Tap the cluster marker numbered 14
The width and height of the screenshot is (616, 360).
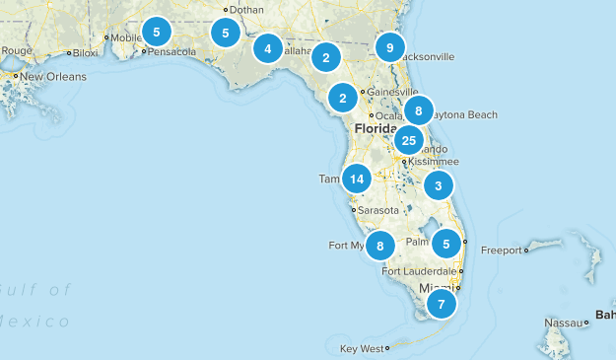(x=357, y=179)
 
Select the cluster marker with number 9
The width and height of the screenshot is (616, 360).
(x=391, y=47)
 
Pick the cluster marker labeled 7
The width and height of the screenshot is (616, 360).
(x=442, y=304)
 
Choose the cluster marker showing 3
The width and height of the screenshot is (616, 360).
(x=439, y=184)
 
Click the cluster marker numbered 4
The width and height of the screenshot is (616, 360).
(x=267, y=48)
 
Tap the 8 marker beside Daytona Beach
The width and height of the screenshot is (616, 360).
(x=419, y=110)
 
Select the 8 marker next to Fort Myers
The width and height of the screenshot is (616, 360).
(x=380, y=245)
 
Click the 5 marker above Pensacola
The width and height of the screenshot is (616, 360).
(x=156, y=31)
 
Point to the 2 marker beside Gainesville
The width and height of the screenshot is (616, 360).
(x=342, y=98)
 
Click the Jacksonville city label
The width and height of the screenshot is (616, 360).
(x=426, y=57)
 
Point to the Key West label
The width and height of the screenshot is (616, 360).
(x=360, y=349)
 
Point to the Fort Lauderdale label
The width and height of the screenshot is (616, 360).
(x=420, y=271)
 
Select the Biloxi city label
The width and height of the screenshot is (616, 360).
(x=85, y=53)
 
